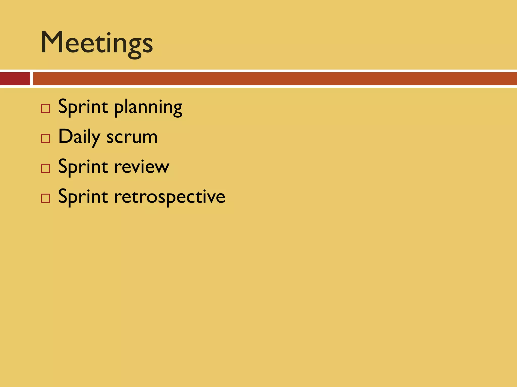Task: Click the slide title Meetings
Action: click(x=97, y=43)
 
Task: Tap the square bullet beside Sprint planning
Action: click(x=45, y=109)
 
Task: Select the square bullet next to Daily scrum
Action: click(x=45, y=138)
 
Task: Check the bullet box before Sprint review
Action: click(x=45, y=168)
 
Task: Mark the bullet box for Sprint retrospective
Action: click(x=45, y=198)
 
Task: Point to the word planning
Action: click(x=148, y=108)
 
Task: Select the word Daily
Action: click(x=79, y=137)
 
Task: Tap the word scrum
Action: click(x=132, y=138)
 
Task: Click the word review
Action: click(x=142, y=167)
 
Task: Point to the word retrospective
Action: click(x=169, y=197)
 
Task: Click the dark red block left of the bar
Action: click(x=15, y=79)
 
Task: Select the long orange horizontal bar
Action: click(x=275, y=79)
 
